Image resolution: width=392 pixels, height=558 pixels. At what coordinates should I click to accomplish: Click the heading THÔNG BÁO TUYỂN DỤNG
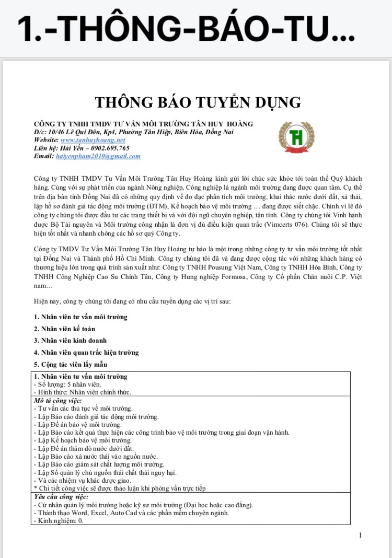[198, 101]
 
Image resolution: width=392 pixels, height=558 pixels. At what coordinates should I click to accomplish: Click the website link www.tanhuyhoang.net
[93, 140]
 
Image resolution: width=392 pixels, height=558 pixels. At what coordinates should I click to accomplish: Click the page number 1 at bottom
[360, 535]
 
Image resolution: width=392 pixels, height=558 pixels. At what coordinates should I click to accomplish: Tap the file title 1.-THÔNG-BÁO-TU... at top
[186, 29]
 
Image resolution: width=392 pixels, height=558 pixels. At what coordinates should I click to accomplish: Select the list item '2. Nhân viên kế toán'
[64, 329]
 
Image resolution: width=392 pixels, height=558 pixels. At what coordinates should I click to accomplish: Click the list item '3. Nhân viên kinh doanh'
[70, 341]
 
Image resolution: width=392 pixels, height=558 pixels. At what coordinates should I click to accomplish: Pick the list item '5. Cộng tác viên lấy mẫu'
[71, 364]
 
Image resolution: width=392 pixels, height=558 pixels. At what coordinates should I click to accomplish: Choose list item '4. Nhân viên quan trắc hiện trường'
[86, 352]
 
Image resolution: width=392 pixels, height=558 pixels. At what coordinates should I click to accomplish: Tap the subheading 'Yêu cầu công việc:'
[61, 497]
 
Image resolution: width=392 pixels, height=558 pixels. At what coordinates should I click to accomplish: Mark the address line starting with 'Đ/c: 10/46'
[133, 132]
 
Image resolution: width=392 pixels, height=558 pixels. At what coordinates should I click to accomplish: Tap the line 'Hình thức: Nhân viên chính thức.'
[82, 392]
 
